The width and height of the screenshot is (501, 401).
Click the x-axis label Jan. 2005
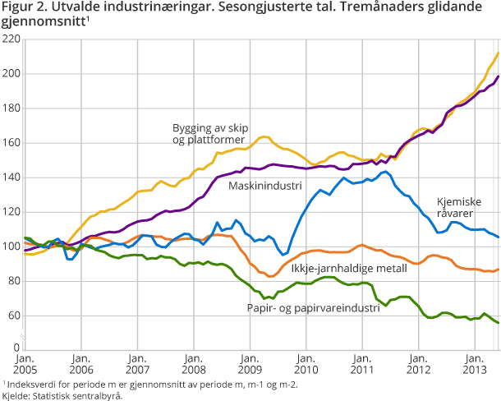click(x=24, y=365)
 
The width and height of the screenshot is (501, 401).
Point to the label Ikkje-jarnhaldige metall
click(x=348, y=268)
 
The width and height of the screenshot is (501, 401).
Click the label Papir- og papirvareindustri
click(x=313, y=307)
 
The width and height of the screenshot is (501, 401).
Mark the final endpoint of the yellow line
click(x=498, y=53)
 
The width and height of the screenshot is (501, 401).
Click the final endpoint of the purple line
click(x=498, y=76)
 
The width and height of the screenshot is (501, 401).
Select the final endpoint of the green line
click(x=498, y=323)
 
